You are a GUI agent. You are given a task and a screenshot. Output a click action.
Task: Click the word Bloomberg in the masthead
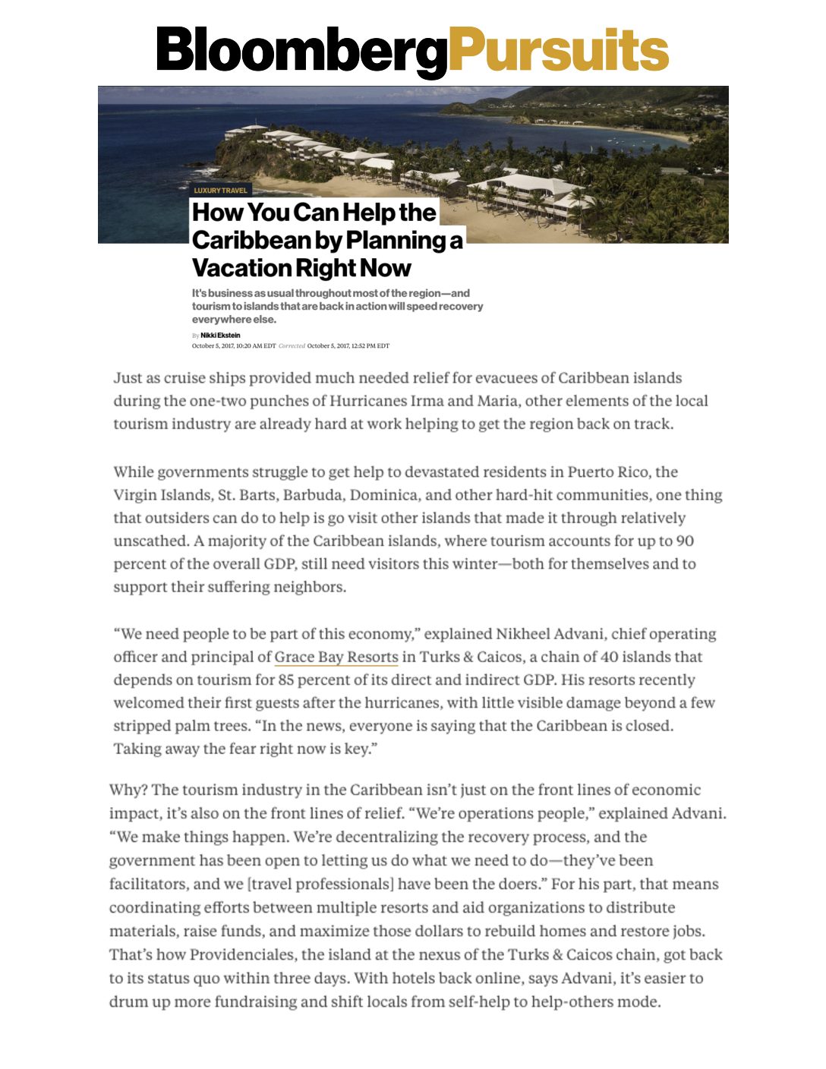[x=301, y=50]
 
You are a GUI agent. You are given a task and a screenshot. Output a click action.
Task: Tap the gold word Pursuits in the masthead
[x=559, y=50]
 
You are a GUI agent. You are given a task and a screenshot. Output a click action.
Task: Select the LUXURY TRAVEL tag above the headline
[x=220, y=190]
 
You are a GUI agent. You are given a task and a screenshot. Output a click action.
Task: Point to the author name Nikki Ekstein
[x=220, y=335]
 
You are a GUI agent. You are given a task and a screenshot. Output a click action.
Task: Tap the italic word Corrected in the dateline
[x=292, y=345]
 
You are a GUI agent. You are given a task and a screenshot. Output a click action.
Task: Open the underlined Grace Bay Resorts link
[x=336, y=657]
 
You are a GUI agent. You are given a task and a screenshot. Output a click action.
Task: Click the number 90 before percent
[x=685, y=541]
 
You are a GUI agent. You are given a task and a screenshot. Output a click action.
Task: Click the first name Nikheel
[x=525, y=634]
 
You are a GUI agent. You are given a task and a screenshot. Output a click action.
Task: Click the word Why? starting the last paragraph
[x=128, y=790]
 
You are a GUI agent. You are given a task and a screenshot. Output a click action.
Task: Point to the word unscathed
[x=150, y=541]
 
